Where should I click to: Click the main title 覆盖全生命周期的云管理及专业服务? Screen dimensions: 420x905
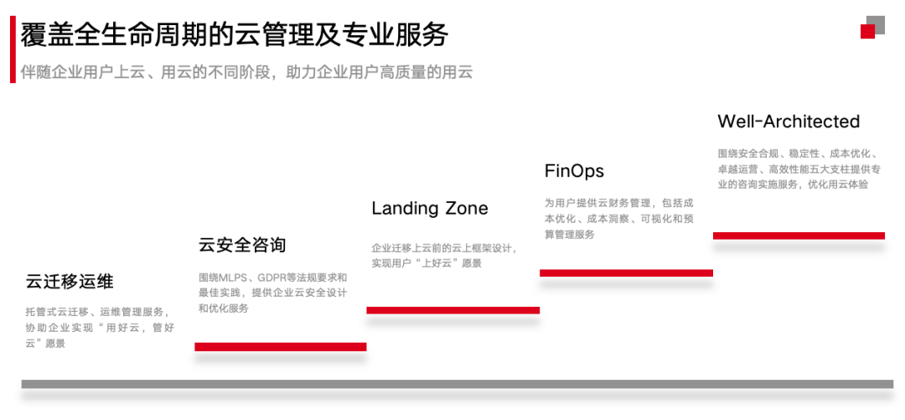point(235,34)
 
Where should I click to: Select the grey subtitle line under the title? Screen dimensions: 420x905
point(247,72)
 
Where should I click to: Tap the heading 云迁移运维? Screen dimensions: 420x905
point(70,282)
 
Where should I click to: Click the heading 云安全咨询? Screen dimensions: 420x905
point(242,245)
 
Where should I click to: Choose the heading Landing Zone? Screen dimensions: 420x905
point(430,208)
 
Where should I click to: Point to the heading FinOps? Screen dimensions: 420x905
point(574,171)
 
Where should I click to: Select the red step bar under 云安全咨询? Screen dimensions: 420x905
point(280,346)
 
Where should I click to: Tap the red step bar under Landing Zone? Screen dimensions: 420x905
point(452,310)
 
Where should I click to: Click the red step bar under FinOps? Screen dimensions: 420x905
point(626,272)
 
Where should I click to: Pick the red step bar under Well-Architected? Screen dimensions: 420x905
point(799,236)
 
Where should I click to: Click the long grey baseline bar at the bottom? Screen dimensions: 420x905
point(457,384)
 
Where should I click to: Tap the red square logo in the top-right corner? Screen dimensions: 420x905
point(868,31)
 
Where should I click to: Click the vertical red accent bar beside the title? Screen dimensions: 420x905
point(13,49)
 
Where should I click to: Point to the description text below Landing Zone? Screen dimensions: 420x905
point(444,256)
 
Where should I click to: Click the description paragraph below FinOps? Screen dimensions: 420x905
point(618,219)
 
